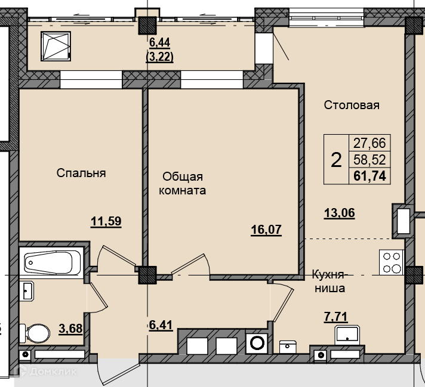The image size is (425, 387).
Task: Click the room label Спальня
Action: point(81,173)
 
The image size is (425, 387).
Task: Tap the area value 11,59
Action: point(106,221)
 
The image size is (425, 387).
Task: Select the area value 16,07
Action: point(266,230)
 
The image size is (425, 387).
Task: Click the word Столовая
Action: point(352,105)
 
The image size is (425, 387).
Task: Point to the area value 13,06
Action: point(340,213)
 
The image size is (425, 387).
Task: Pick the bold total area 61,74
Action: point(369,177)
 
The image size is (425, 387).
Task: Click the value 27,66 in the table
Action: point(369,143)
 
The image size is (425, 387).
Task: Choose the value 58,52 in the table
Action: point(369,160)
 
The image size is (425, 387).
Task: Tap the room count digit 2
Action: point(336,160)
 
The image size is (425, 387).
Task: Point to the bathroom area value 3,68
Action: point(70,329)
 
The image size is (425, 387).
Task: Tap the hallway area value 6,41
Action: point(161,325)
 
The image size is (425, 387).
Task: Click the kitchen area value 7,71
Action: point(336,317)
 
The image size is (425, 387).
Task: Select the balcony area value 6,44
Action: point(159,42)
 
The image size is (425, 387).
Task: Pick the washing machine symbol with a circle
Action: point(257,343)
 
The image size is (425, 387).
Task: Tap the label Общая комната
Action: point(182,184)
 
